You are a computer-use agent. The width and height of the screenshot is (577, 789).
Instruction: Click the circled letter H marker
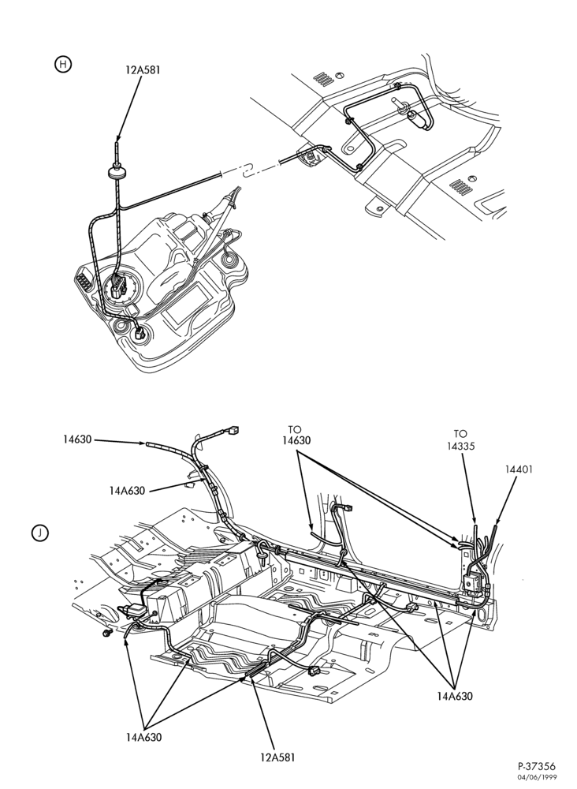(x=63, y=65)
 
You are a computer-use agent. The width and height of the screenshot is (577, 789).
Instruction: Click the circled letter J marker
(x=40, y=533)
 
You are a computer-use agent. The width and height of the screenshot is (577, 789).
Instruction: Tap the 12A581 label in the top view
(x=143, y=70)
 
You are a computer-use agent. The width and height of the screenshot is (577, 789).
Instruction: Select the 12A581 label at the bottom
(x=278, y=757)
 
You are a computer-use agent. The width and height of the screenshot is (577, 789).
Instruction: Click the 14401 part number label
(x=519, y=469)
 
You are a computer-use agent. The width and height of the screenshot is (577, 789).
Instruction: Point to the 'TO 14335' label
(x=460, y=439)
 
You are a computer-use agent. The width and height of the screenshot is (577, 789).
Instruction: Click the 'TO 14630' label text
(x=296, y=435)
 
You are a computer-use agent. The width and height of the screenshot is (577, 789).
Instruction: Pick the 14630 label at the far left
(x=77, y=439)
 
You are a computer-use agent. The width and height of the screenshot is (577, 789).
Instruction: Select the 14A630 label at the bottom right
(x=455, y=697)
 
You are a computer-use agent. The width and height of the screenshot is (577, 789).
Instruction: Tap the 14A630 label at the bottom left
(x=144, y=737)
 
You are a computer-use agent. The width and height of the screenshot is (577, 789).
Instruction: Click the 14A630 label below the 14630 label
(x=127, y=490)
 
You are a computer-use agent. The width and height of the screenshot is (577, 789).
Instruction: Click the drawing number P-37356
(x=537, y=766)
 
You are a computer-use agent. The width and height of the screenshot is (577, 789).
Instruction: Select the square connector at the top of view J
(x=233, y=431)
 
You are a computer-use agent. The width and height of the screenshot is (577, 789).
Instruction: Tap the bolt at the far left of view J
(x=106, y=633)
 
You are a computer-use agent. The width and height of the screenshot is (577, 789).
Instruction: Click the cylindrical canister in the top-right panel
(x=419, y=120)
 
